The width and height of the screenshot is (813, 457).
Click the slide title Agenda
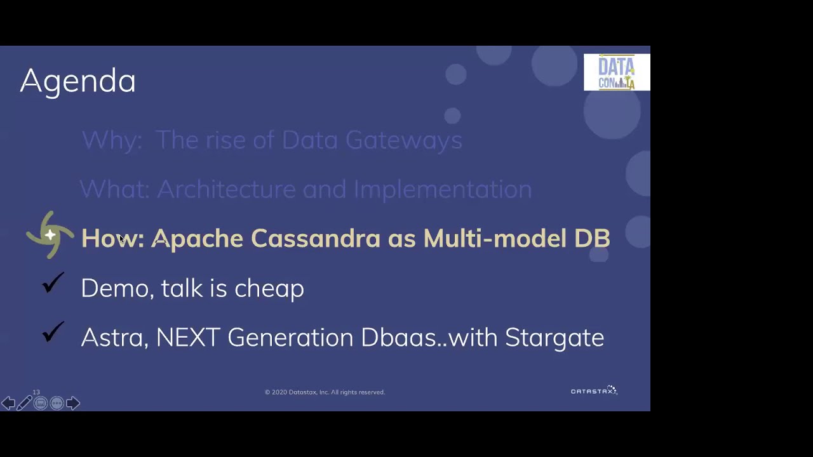(x=77, y=81)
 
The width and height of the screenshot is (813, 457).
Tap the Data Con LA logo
(x=616, y=72)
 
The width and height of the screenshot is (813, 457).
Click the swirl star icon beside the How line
(x=50, y=235)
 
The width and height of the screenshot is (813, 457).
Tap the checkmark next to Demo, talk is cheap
(x=53, y=283)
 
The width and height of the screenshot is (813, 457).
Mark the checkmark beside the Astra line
(x=53, y=332)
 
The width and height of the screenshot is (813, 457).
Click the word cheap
(x=269, y=289)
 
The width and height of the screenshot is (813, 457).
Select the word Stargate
(x=554, y=338)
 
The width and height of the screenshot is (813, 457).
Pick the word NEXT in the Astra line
(x=188, y=338)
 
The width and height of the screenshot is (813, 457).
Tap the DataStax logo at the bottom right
(x=594, y=391)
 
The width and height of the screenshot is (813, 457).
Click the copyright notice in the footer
(x=325, y=392)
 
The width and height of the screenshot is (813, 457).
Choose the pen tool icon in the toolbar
(x=24, y=403)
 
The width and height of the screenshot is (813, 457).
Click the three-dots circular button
(x=57, y=403)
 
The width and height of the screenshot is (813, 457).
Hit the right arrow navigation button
(x=73, y=403)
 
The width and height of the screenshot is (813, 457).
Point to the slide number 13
(x=36, y=392)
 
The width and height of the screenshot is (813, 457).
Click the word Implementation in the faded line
(x=442, y=189)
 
